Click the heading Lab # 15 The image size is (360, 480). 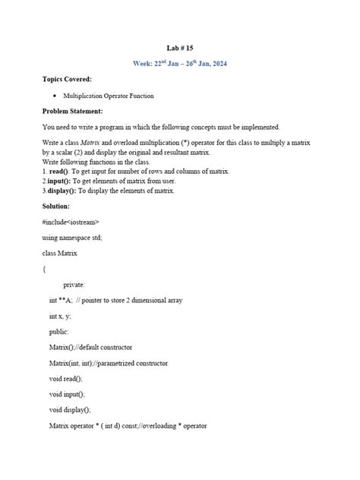coord(179,48)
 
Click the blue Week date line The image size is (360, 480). coord(179,63)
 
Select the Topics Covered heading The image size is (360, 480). coord(68,79)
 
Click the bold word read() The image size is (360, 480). coord(62,172)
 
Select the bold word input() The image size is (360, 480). coord(62,182)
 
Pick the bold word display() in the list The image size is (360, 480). coord(65,191)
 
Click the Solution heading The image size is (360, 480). coord(57,206)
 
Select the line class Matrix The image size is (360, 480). coord(60,253)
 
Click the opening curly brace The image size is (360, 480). coord(45,268)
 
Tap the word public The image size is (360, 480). coord(59,332)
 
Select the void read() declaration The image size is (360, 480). coord(66,378)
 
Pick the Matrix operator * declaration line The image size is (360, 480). coord(128,425)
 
